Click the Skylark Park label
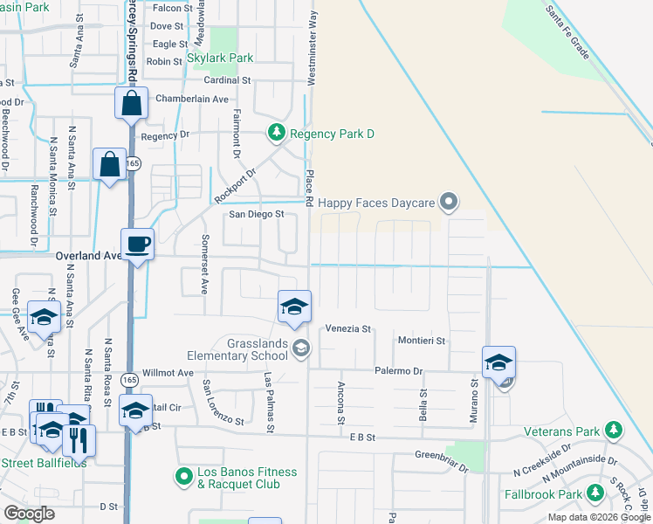[220, 59]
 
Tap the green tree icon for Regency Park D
[277, 133]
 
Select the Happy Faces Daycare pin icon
[449, 203]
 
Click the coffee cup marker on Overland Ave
[140, 244]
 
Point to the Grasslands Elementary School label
[237, 349]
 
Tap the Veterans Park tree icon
[614, 431]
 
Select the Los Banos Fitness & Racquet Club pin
[183, 477]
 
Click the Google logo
[29, 514]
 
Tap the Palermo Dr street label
[398, 371]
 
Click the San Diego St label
[257, 213]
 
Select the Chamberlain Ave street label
[191, 99]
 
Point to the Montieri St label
[423, 341]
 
